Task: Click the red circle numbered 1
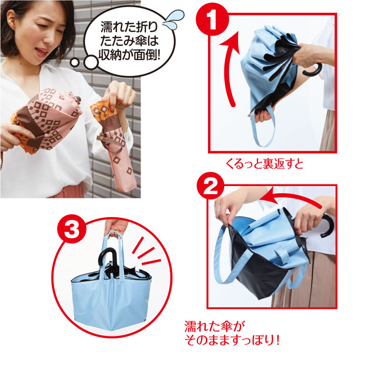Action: pyautogui.click(x=212, y=19)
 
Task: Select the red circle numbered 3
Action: pyautogui.click(x=72, y=229)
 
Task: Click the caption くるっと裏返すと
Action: pyautogui.click(x=265, y=164)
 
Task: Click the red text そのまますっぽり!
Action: pyautogui.click(x=232, y=340)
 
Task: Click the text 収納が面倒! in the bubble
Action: pyautogui.click(x=129, y=55)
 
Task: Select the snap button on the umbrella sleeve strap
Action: pyautogui.click(x=102, y=139)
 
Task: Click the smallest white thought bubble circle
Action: pyautogui.click(x=74, y=63)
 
